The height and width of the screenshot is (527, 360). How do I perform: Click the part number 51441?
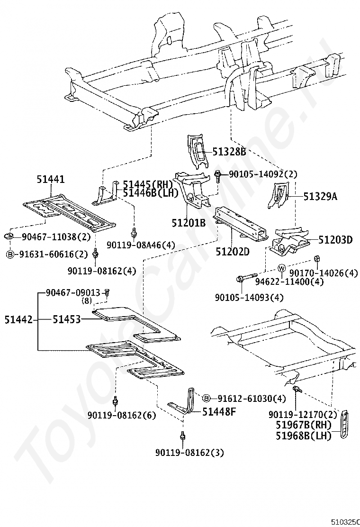[51, 179]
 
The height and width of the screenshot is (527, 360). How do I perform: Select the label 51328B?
[229, 152]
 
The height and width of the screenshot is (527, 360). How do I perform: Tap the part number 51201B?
[189, 222]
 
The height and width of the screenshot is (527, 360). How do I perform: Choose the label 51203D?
[335, 240]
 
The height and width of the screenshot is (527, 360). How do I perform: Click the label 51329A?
[320, 196]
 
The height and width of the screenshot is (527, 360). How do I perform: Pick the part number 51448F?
[219, 411]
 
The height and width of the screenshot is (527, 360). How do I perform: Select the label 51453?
[67, 319]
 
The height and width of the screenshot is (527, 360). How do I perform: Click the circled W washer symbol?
[281, 269]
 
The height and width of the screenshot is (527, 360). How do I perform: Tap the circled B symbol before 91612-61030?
[207, 398]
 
